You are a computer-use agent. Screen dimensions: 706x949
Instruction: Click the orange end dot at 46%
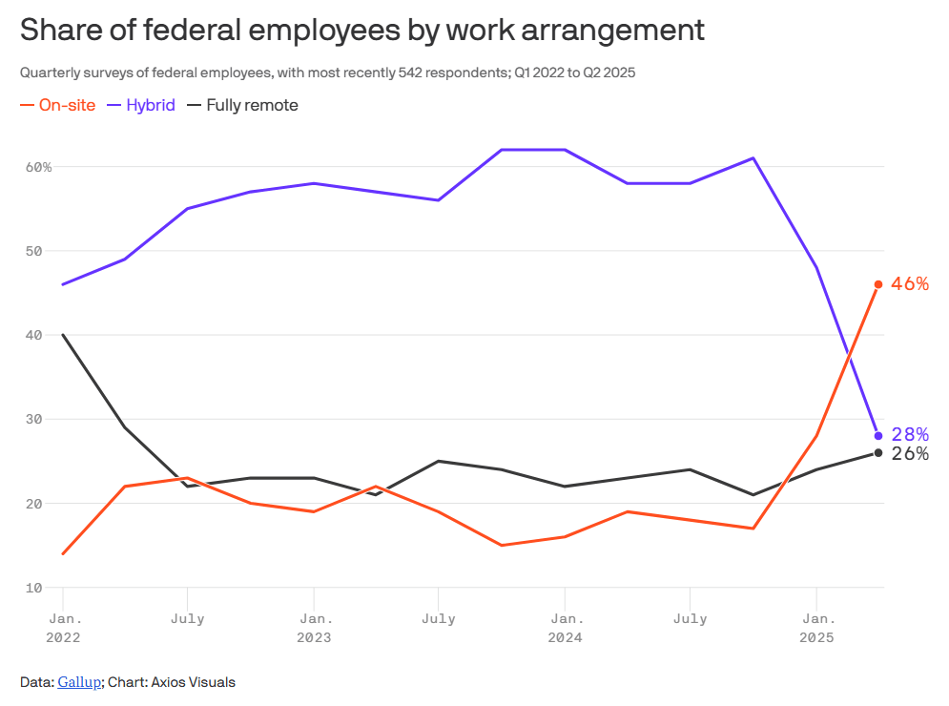pos(878,284)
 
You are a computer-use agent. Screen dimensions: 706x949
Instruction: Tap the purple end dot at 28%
pos(878,436)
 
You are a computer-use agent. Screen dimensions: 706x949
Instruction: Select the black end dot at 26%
pos(878,452)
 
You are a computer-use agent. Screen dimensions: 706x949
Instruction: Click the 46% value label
pos(909,284)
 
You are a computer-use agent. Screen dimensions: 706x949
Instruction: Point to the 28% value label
pos(910,435)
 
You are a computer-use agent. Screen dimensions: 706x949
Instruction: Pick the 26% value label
pos(910,454)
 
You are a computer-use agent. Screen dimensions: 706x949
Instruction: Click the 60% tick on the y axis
pos(38,167)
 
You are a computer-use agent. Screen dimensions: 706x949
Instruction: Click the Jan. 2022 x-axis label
pos(62,628)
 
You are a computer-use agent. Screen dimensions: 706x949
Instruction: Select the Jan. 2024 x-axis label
pos(565,628)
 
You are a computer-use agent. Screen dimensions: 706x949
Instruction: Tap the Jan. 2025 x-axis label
pos(815,628)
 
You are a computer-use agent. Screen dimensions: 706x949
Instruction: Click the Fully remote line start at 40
pos(63,335)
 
